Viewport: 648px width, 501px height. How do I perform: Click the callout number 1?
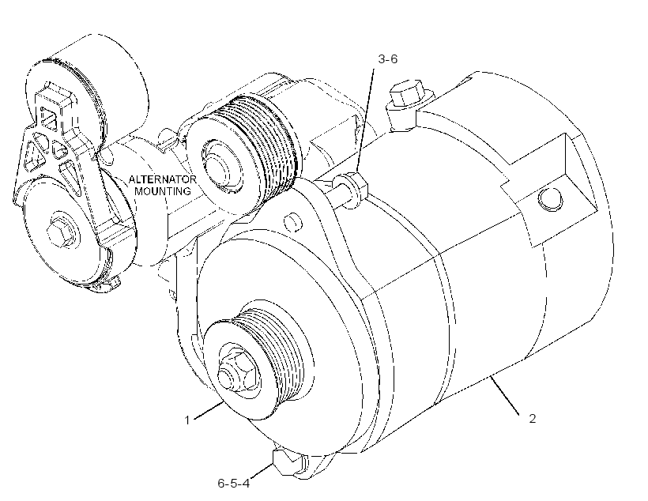click(186, 420)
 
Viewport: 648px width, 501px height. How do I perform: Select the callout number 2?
click(533, 419)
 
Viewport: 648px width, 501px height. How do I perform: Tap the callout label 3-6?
click(388, 59)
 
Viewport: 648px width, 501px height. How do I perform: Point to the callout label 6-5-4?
click(233, 484)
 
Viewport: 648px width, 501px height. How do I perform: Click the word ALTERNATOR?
click(163, 179)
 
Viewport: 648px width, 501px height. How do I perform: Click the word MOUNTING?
click(163, 191)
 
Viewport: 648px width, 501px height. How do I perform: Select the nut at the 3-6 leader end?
click(352, 190)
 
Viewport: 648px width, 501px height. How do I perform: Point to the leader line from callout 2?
click(504, 395)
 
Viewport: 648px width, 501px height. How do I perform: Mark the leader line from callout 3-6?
click(366, 121)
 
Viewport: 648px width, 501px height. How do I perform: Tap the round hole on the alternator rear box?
click(550, 198)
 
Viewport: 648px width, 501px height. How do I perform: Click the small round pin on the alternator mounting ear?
click(294, 222)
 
